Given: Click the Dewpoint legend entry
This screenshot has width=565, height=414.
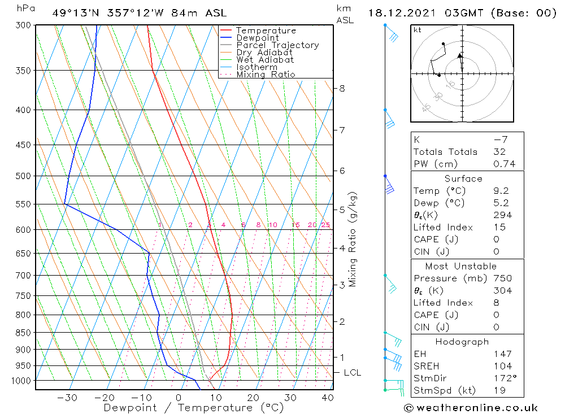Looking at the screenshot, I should point(257,38).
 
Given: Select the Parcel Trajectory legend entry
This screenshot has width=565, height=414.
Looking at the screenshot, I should point(277,45).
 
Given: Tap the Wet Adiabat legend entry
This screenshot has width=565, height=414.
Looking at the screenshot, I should point(265,60).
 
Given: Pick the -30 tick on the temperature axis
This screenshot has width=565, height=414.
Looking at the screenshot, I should point(67,398).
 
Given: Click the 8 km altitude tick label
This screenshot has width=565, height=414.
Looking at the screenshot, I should point(342,88).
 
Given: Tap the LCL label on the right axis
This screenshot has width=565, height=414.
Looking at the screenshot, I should point(353,373).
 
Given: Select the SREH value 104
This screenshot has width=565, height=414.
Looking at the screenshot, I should point(501,366).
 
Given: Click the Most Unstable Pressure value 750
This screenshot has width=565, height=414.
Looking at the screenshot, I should point(502,278).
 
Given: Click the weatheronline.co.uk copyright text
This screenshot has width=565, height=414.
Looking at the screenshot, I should point(471,408).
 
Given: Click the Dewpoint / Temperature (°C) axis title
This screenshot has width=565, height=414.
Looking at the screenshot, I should point(193,408).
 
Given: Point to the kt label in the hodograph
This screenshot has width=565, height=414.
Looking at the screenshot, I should point(417,30).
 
